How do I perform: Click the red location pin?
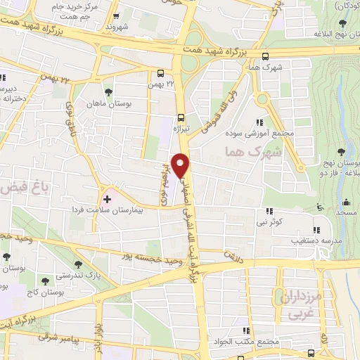click(x=182, y=164)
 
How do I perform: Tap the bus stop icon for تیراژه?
click(x=182, y=118)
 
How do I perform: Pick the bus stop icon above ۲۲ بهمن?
click(x=161, y=72)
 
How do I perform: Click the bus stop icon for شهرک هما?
click(x=265, y=57)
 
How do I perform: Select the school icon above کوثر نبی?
click(x=269, y=211)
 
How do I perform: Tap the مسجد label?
click(x=345, y=212)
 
